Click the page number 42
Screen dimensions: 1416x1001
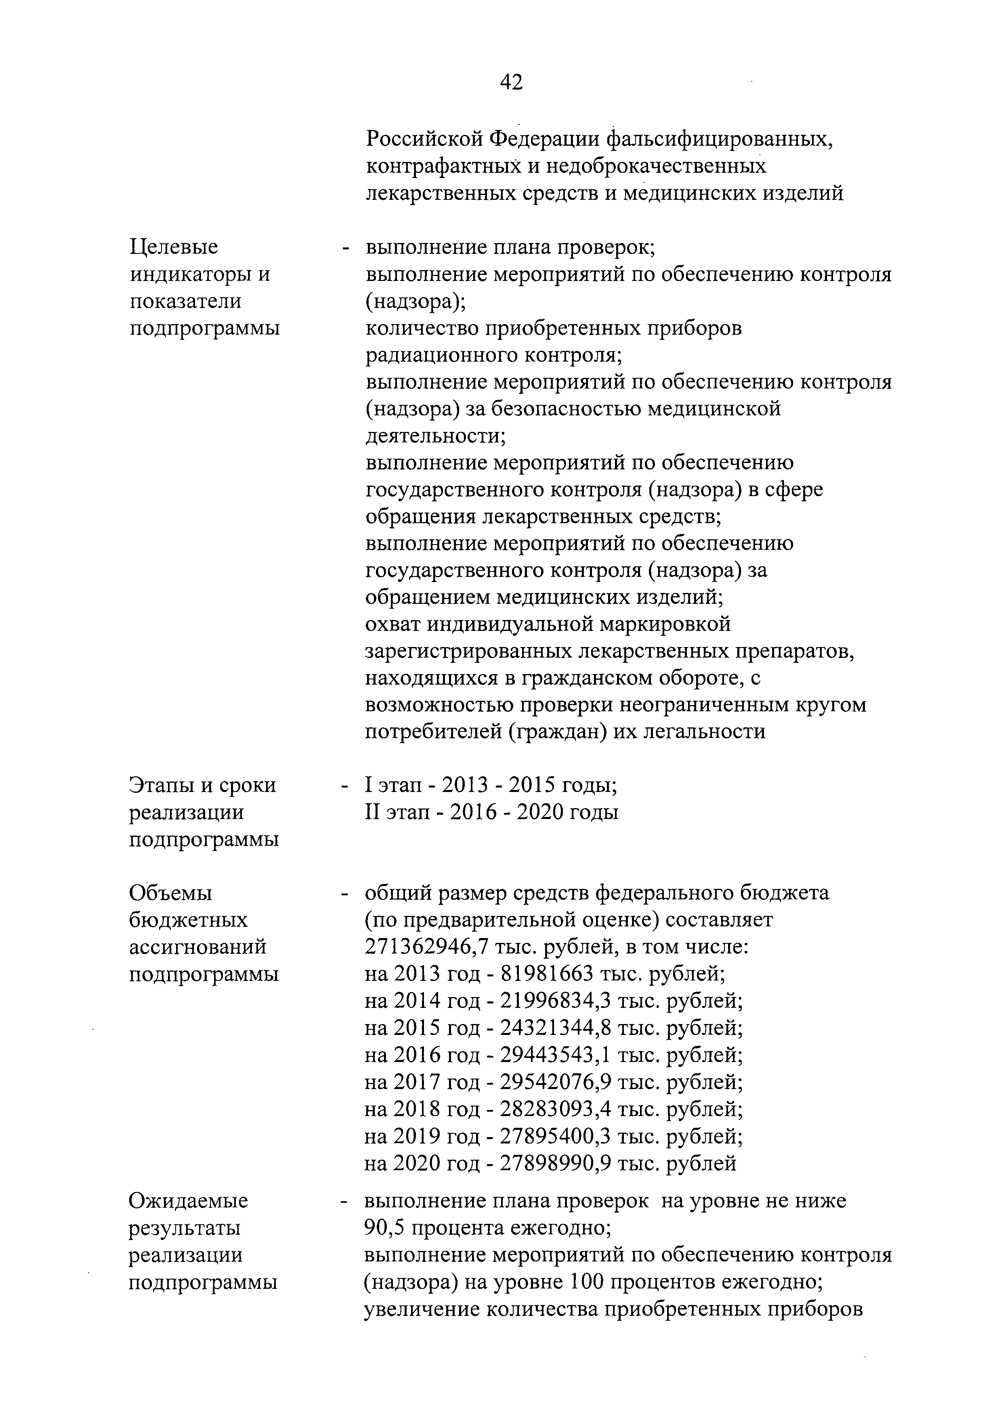pyautogui.click(x=511, y=82)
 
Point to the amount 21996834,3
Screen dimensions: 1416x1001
pyautogui.click(x=555, y=1000)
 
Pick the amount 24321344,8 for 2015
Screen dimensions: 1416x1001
pyautogui.click(x=555, y=1027)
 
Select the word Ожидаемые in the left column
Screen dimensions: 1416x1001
pyautogui.click(x=188, y=1201)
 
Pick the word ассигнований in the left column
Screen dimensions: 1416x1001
pyautogui.click(x=198, y=947)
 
